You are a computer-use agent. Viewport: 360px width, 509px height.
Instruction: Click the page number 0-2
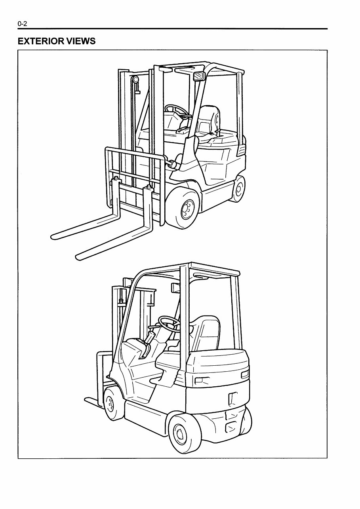22,24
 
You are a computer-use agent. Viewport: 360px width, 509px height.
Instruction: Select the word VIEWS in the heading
82,41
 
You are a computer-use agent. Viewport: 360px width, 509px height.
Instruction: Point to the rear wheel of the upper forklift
238,189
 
